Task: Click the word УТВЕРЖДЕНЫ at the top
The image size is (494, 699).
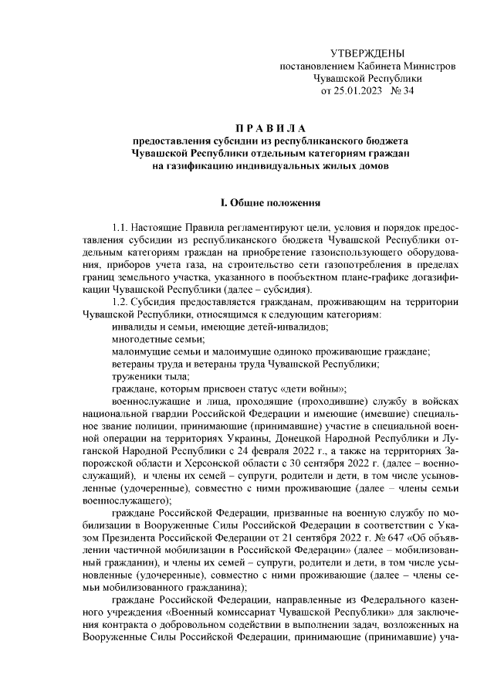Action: click(367, 53)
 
